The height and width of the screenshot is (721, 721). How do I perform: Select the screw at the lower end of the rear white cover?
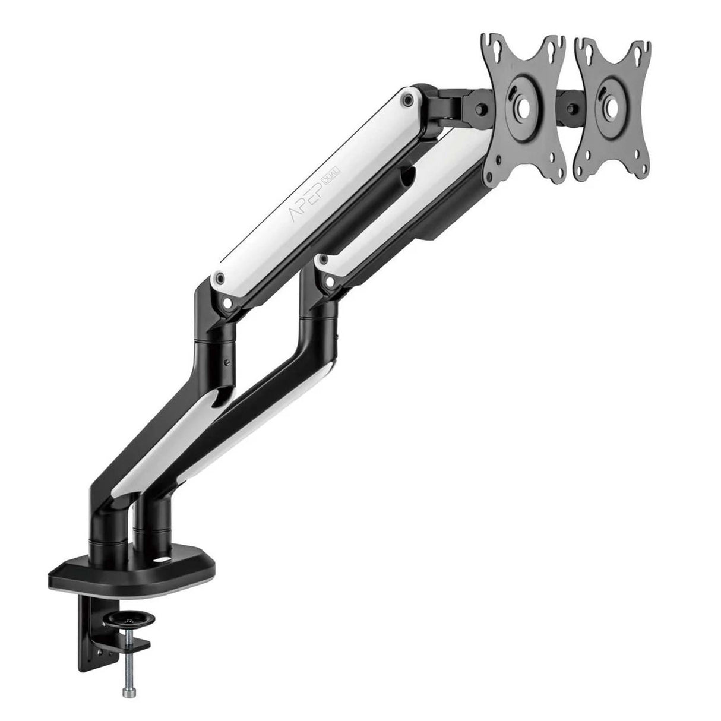[x=324, y=260]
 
